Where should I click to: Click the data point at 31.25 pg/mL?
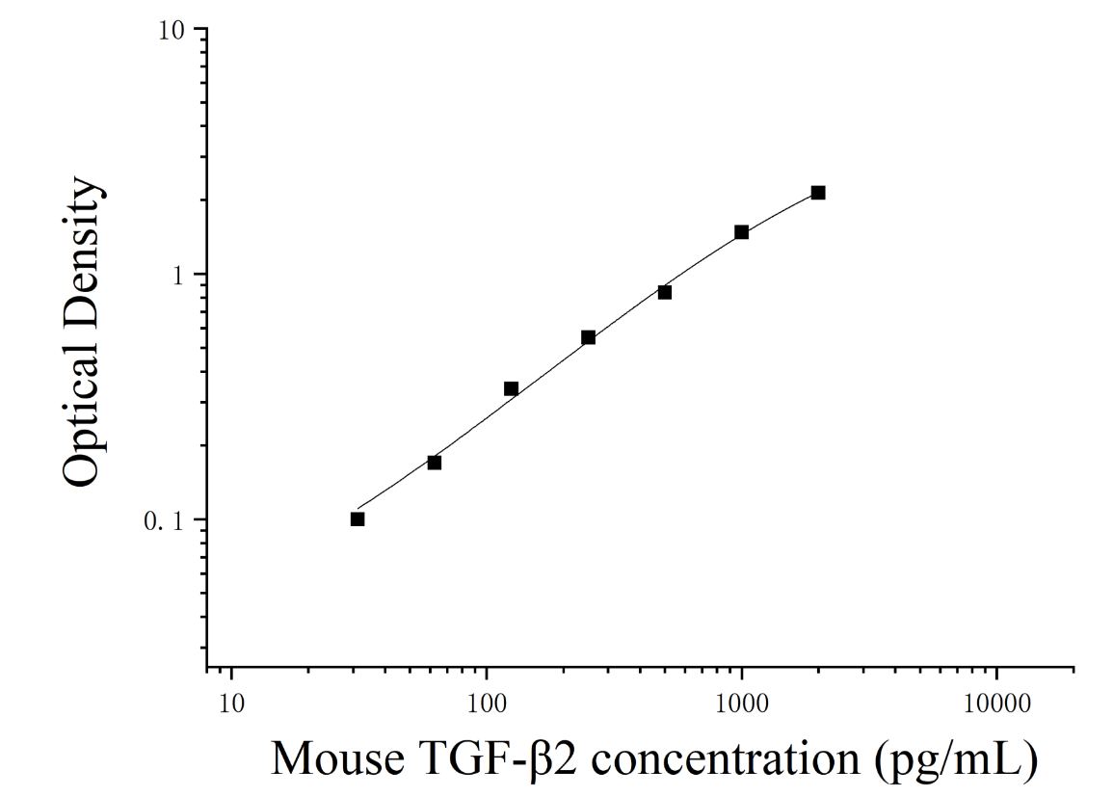(x=358, y=519)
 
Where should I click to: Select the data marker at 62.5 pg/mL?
(x=435, y=463)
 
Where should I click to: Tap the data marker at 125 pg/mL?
(x=511, y=389)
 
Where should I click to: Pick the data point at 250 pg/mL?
(x=589, y=338)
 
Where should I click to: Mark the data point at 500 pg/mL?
(x=664, y=292)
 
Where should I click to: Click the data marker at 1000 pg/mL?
(x=742, y=232)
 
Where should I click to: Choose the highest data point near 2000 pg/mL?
(x=818, y=193)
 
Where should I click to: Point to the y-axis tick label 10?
(x=172, y=31)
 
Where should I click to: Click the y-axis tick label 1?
(x=177, y=276)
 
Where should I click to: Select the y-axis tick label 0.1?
(x=164, y=521)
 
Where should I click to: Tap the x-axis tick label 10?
(x=232, y=704)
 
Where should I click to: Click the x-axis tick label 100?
(x=487, y=704)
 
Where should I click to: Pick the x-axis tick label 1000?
(x=742, y=704)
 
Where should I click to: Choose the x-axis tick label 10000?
(x=996, y=704)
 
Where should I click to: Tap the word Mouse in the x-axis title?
(x=338, y=757)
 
